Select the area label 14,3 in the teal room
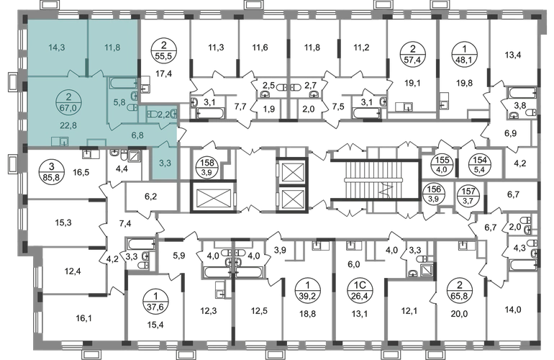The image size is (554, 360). click(x=57, y=48)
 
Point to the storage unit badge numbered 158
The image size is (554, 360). click(x=207, y=167)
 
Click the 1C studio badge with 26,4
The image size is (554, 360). click(x=360, y=290)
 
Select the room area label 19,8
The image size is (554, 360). click(x=464, y=84)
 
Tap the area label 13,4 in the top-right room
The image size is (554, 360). click(x=513, y=55)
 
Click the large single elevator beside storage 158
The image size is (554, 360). click(x=213, y=197)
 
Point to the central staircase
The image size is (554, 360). click(x=375, y=180)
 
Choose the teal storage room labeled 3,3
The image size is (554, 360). click(x=165, y=163)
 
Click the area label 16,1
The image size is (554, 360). click(x=83, y=319)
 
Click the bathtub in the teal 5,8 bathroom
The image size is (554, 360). click(x=123, y=84)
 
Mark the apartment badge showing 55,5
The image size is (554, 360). click(x=163, y=50)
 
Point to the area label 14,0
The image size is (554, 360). click(x=513, y=310)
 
